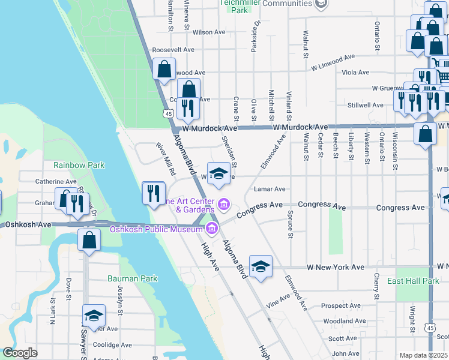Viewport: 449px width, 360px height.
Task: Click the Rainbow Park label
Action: click(x=79, y=165)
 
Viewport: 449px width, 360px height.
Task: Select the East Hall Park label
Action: click(x=421, y=281)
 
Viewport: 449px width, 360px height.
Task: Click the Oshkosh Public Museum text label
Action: click(x=155, y=229)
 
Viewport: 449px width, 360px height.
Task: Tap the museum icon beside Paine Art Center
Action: click(x=224, y=205)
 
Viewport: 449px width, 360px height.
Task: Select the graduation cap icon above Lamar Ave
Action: click(x=219, y=174)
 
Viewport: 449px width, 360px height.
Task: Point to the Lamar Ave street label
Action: click(x=270, y=189)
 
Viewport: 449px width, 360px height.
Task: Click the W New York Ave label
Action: click(x=336, y=267)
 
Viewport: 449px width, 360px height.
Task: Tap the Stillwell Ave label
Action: click(x=366, y=105)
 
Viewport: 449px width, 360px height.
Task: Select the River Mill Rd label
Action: click(x=164, y=158)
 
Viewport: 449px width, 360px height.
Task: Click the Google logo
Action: click(x=20, y=353)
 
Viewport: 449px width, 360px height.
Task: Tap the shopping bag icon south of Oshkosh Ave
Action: click(x=89, y=241)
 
